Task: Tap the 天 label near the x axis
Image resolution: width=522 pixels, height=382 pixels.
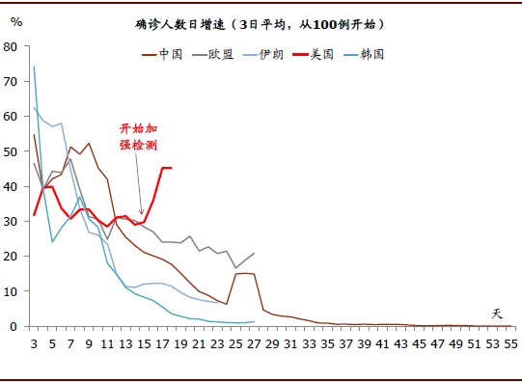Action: (x=498, y=314)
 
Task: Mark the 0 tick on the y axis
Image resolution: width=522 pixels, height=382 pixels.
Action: (x=14, y=326)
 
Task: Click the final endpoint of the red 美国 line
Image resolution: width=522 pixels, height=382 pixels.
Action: (x=171, y=168)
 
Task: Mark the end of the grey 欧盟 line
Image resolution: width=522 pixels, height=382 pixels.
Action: (x=254, y=254)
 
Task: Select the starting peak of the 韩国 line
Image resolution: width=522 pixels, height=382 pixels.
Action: (x=34, y=68)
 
